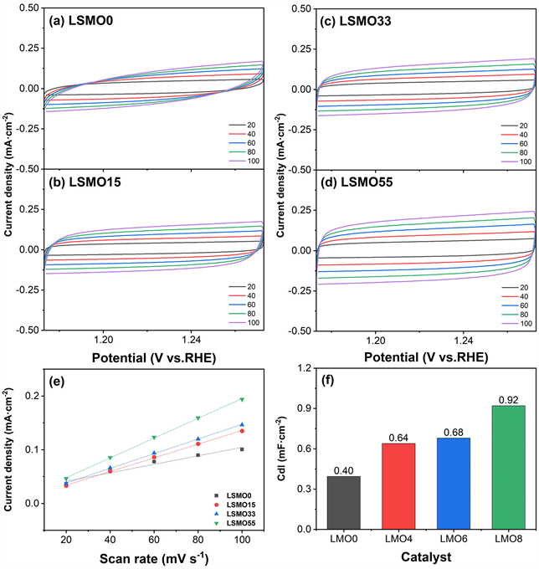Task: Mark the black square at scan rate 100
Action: click(241, 449)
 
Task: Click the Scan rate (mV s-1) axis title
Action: click(153, 558)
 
